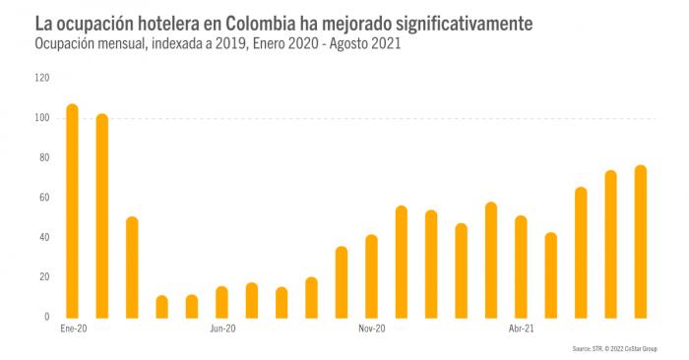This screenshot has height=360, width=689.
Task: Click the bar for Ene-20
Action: point(72,210)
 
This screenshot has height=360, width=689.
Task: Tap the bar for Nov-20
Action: point(371,275)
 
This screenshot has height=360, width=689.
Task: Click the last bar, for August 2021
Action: point(641,241)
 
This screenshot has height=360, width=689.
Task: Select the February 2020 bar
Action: point(102,215)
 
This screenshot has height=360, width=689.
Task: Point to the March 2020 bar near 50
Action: point(132,267)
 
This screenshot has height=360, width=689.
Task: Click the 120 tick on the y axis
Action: point(41,78)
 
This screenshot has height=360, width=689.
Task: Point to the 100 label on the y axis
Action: point(41,118)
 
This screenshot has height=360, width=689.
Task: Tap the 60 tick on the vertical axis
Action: point(43,198)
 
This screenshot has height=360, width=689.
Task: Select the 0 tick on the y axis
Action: point(46,317)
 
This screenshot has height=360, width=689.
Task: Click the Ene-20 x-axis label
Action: point(73,330)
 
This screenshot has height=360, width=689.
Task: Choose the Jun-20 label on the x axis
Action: point(222,330)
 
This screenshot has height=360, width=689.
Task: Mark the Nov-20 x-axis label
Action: point(371,330)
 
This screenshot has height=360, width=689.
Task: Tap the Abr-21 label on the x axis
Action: point(521,330)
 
